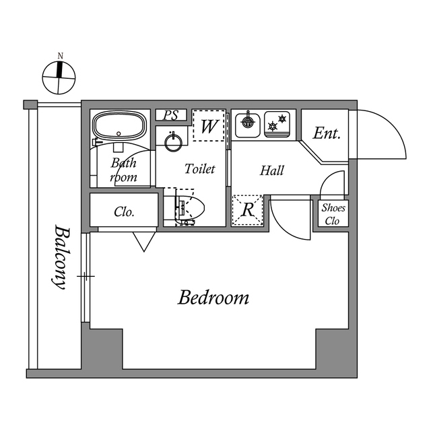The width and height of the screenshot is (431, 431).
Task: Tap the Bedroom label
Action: point(213,297)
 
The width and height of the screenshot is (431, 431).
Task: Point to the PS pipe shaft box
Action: point(172,115)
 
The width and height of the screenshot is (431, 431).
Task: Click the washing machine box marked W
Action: point(208,126)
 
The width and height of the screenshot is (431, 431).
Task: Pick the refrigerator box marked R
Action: point(247,210)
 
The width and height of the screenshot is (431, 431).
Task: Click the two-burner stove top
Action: point(277,124)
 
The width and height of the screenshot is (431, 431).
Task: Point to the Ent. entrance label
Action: point(327,133)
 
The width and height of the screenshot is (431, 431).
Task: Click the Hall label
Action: point(272,170)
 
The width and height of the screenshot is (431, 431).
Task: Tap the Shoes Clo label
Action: point(333,214)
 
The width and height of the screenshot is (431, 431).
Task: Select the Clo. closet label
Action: point(124,212)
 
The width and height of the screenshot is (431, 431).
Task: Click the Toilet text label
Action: point(199,169)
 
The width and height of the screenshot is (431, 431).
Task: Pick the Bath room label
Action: point(124,170)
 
